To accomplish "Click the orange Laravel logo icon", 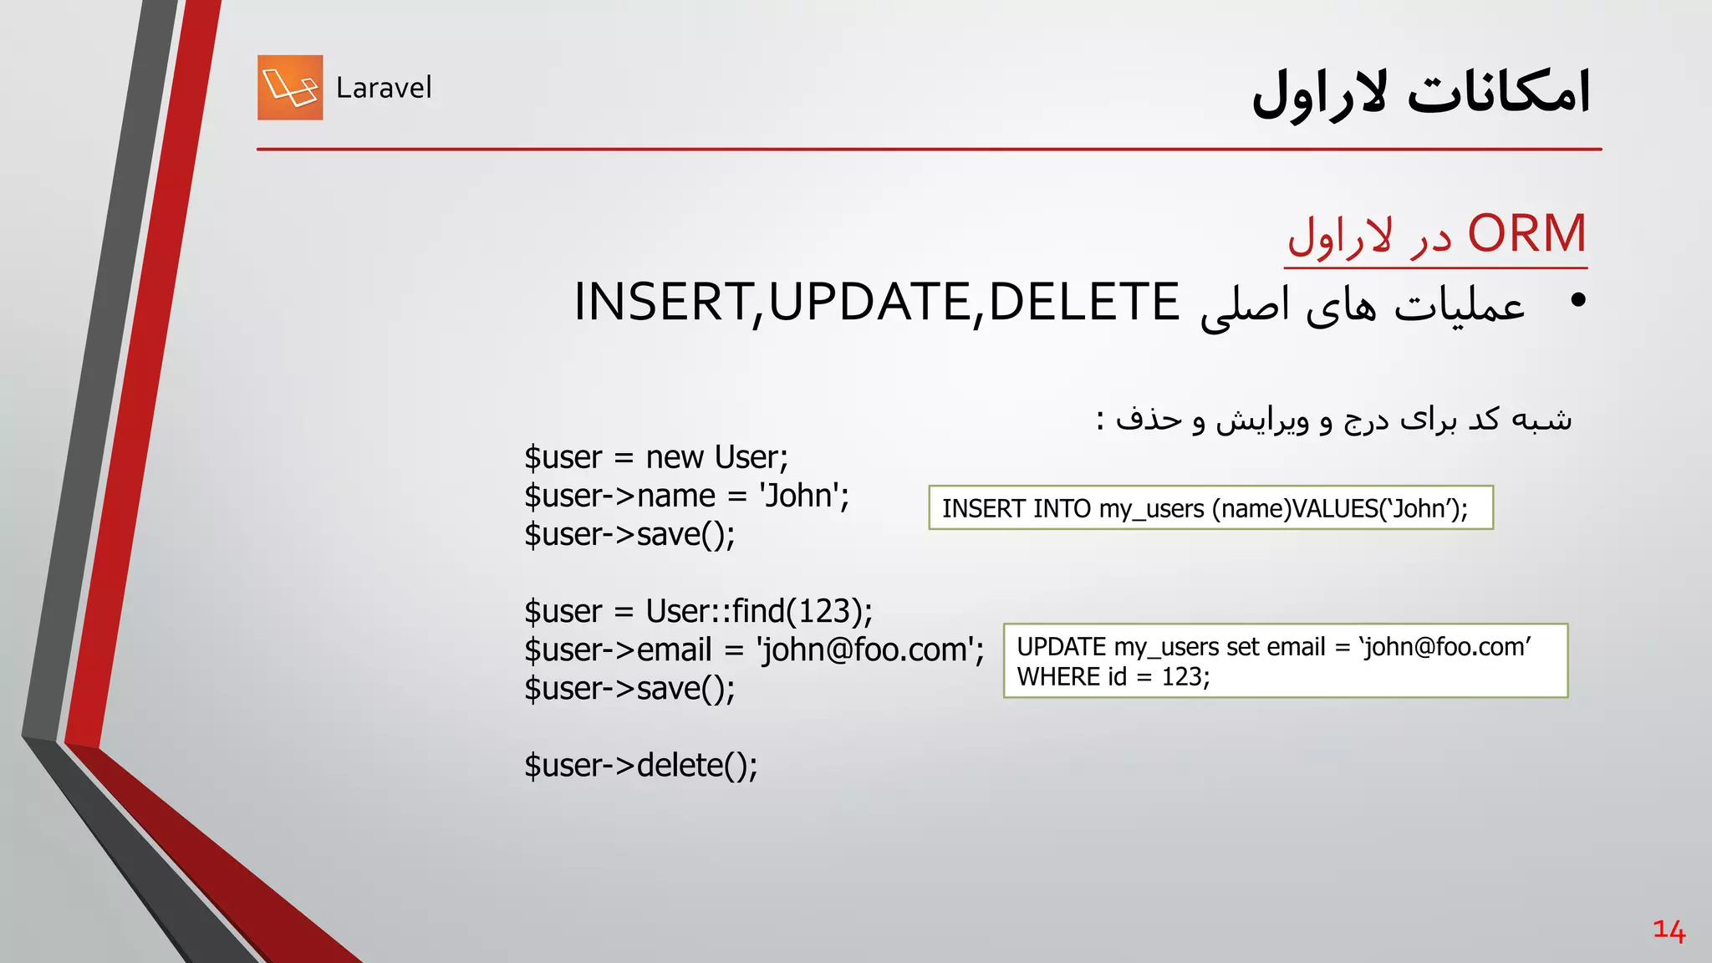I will point(290,88).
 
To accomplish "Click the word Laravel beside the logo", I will point(384,88).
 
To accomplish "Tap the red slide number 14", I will point(1669,930).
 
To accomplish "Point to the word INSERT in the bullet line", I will point(661,302).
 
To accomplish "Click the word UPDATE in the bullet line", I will point(869,302).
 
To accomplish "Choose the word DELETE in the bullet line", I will point(1083,302).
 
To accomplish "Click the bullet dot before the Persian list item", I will point(1577,300).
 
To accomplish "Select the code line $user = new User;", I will point(656,457).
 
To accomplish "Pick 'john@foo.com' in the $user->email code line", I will point(865,650).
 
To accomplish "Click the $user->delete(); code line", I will point(641,765).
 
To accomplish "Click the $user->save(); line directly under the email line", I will point(629,688).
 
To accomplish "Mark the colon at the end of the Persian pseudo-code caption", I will point(1102,419).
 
